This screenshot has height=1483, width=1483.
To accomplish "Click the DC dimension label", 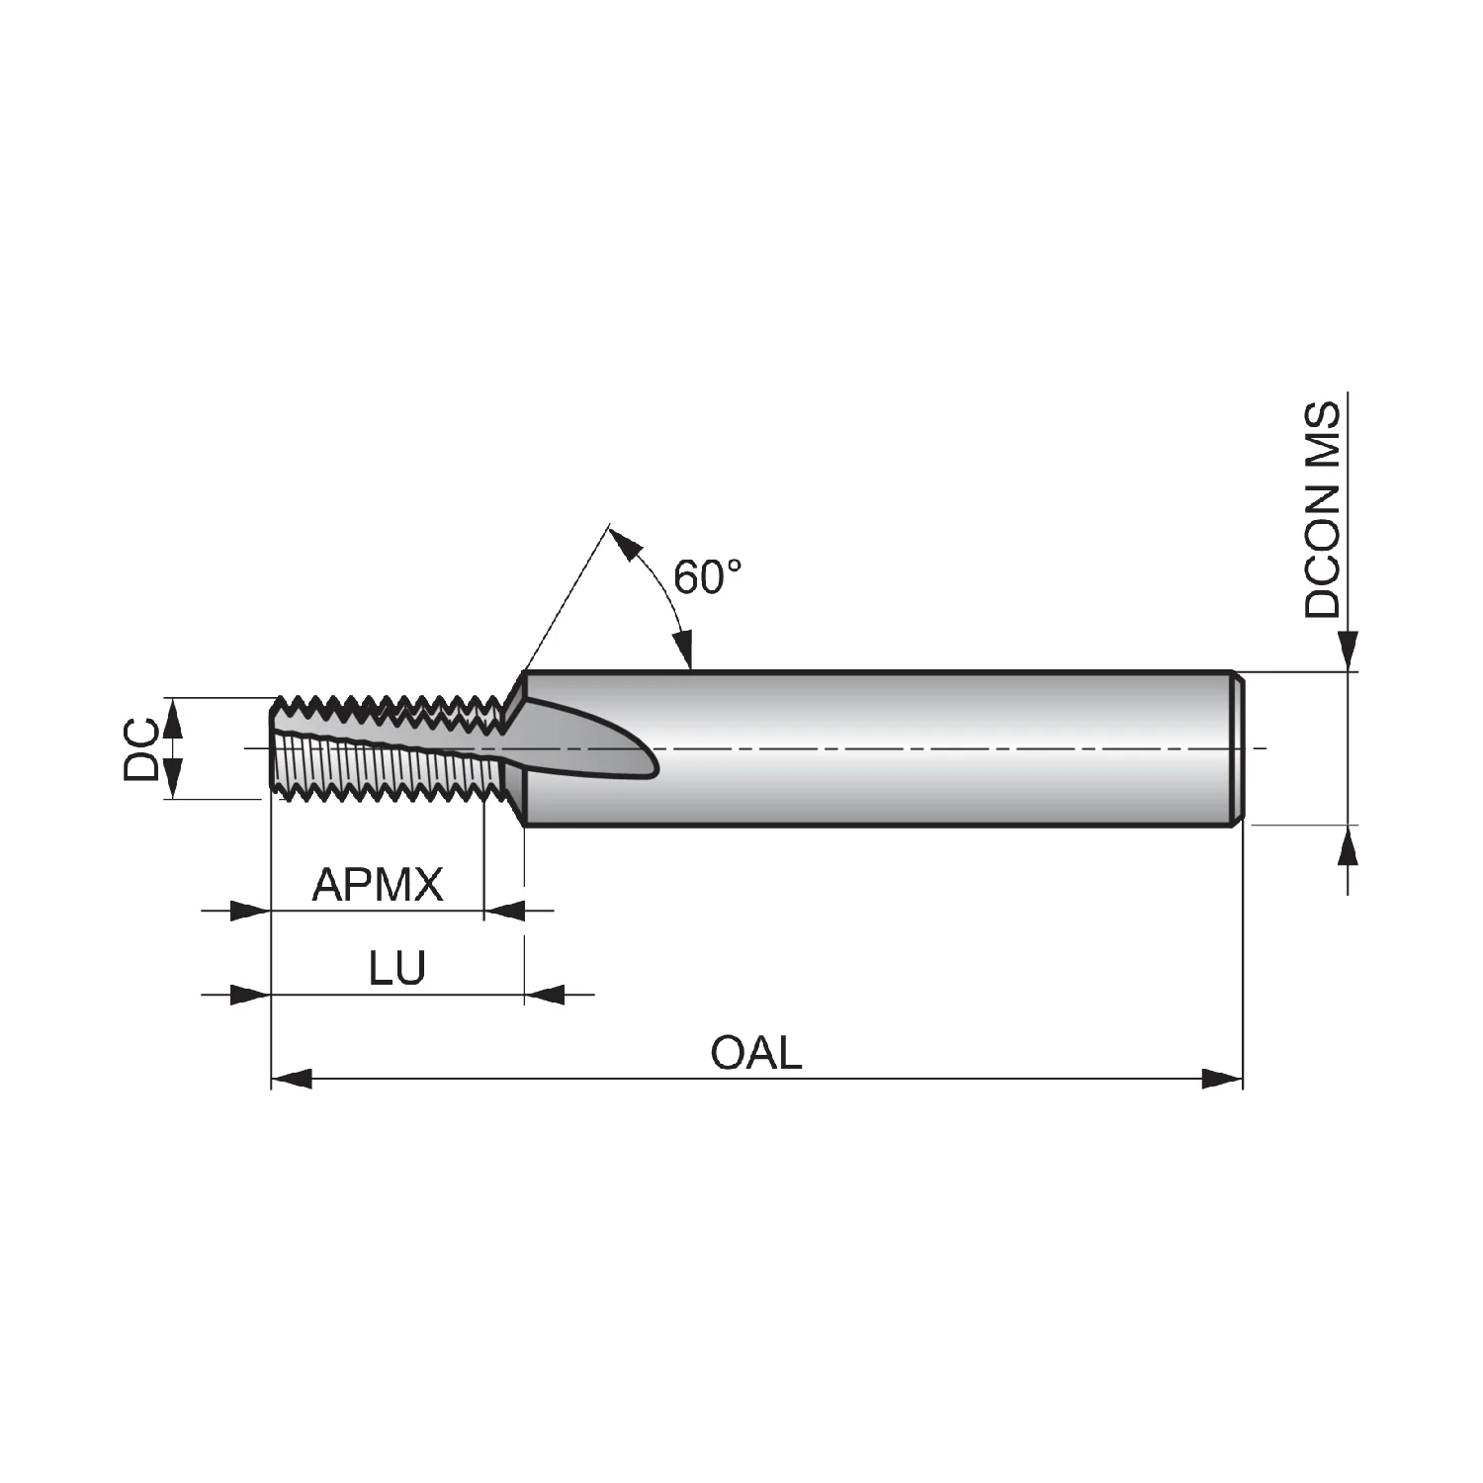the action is coord(141,749).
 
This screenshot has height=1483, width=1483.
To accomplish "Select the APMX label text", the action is coord(378,885).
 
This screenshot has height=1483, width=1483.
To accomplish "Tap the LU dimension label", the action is coord(397,969).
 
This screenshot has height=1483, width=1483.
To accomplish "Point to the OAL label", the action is coord(756,1053).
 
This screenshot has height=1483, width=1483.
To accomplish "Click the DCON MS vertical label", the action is coord(1323,510).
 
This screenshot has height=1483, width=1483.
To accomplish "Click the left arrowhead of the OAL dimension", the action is coord(292,1079).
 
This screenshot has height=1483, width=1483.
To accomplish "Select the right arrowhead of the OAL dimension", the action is coord(1222,1079).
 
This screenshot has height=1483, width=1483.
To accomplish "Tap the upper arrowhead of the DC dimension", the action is coord(173,718).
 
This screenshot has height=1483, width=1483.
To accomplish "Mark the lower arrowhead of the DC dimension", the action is coord(173,778).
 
